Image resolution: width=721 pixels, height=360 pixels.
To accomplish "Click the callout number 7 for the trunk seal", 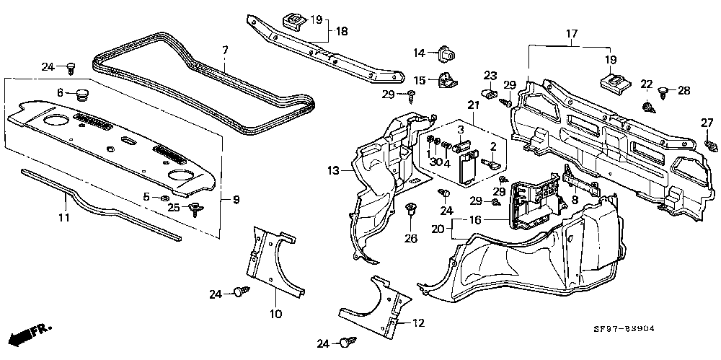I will click(225, 50).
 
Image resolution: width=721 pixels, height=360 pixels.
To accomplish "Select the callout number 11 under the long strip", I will click(63, 217).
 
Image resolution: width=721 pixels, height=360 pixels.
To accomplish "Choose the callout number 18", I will click(341, 32).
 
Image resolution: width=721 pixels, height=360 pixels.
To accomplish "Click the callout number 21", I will click(473, 106).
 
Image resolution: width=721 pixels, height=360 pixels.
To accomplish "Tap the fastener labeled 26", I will click(412, 210).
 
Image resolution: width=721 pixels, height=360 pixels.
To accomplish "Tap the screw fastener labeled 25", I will click(194, 209).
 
